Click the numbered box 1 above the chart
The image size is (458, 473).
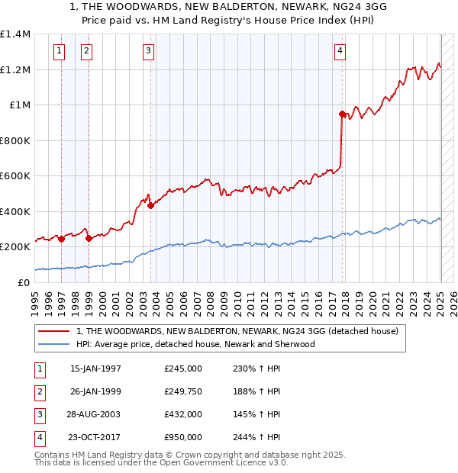[x=60, y=51]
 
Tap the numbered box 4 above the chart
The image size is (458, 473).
[x=340, y=51]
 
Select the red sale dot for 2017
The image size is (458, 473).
[x=342, y=114]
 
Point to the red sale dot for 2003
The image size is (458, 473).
[x=151, y=205]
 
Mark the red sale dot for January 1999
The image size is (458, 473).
[x=89, y=238]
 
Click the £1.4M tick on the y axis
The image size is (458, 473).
[x=15, y=34]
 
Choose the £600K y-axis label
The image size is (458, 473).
[x=15, y=176]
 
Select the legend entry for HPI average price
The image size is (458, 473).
[x=195, y=344]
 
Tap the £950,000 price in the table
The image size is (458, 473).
[x=183, y=437]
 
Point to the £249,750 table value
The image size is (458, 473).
[x=183, y=391]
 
